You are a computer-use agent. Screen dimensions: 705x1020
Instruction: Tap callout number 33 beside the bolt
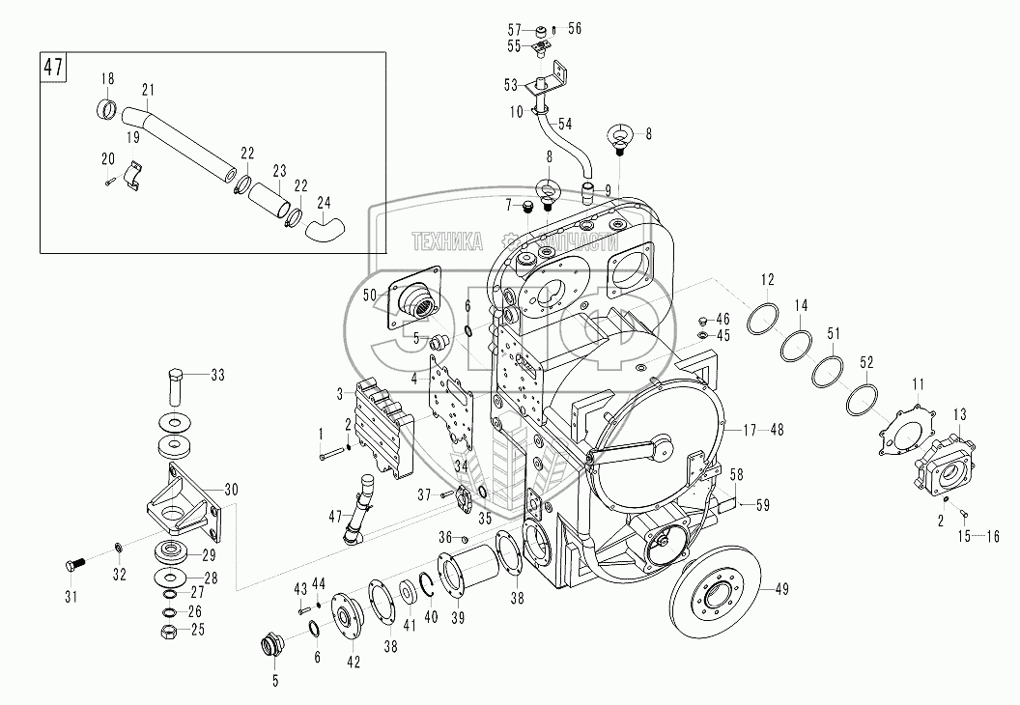[216, 376]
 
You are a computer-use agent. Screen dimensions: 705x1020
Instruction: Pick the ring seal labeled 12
[765, 317]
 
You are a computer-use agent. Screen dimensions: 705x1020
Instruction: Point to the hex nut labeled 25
[167, 631]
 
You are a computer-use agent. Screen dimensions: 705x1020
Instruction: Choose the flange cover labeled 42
[345, 613]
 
